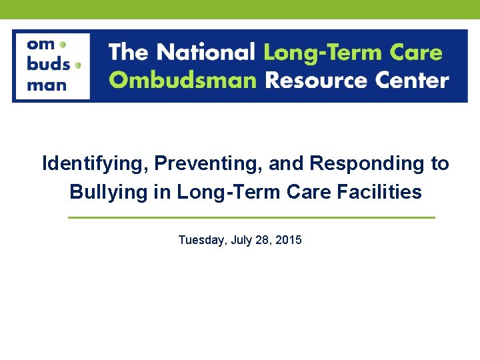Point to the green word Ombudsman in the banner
pos(183,81)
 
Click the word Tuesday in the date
pos(201,240)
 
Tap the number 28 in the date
pos(264,239)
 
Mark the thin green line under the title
pos(251,217)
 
